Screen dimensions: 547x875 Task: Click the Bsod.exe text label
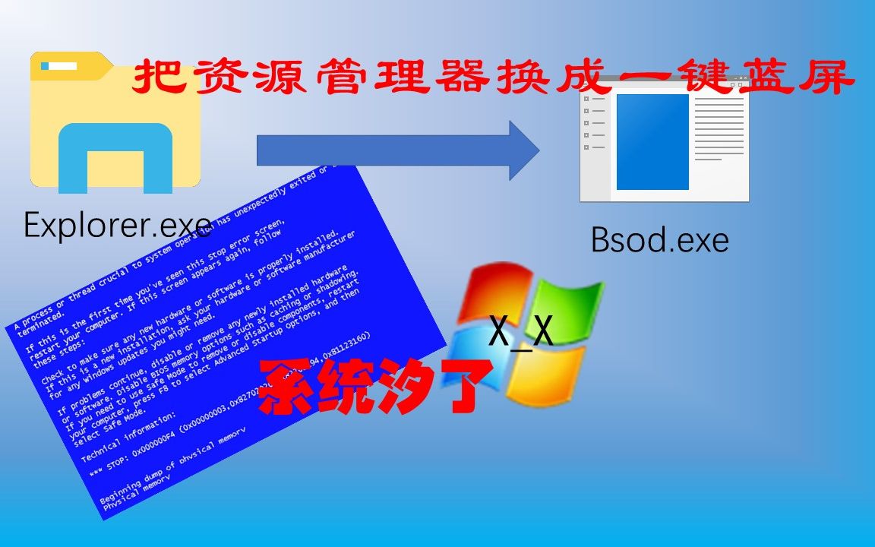tap(659, 240)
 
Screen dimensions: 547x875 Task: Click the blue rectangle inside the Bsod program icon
tap(652, 141)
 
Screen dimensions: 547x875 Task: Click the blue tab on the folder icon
tap(59, 66)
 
